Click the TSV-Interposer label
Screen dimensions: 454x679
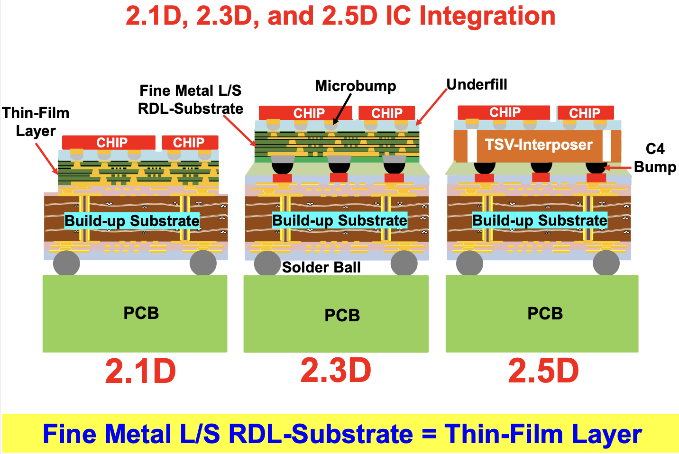pos(539,145)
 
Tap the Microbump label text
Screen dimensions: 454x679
pos(355,86)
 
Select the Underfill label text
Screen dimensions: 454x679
pos(477,84)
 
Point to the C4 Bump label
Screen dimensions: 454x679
pos(655,158)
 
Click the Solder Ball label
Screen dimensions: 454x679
pos(321,267)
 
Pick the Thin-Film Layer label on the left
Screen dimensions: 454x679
pos(36,121)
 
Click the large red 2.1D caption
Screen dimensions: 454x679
pos(140,371)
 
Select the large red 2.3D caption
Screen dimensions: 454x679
pos(336,370)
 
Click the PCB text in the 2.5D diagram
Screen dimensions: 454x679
pos(545,313)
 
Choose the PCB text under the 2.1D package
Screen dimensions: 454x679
pos(141,313)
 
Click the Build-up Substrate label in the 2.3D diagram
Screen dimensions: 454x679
pos(339,220)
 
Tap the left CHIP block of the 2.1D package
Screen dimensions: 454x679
pos(109,142)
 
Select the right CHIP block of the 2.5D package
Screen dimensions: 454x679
pos(585,113)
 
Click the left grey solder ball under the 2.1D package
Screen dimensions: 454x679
pos(66,263)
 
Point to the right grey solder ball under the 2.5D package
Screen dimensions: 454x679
pos(606,263)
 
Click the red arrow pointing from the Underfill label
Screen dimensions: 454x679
pos(432,107)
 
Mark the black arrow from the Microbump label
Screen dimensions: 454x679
pos(343,109)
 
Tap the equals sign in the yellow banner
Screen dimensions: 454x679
pos(429,434)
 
